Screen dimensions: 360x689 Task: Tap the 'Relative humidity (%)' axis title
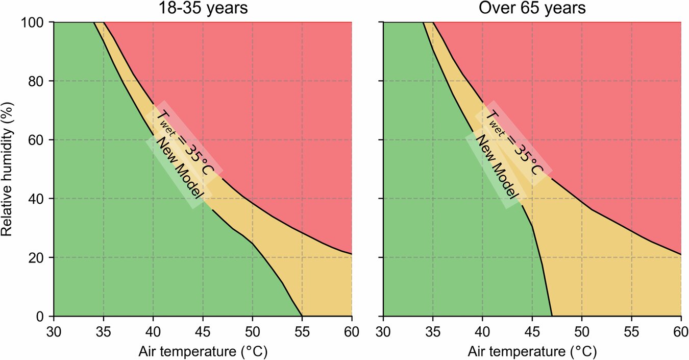coord(7,169)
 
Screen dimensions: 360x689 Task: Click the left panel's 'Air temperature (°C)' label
coord(202,351)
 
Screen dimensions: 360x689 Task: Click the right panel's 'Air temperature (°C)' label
coord(532,351)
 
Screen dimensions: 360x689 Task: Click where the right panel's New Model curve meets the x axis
coord(552,316)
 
